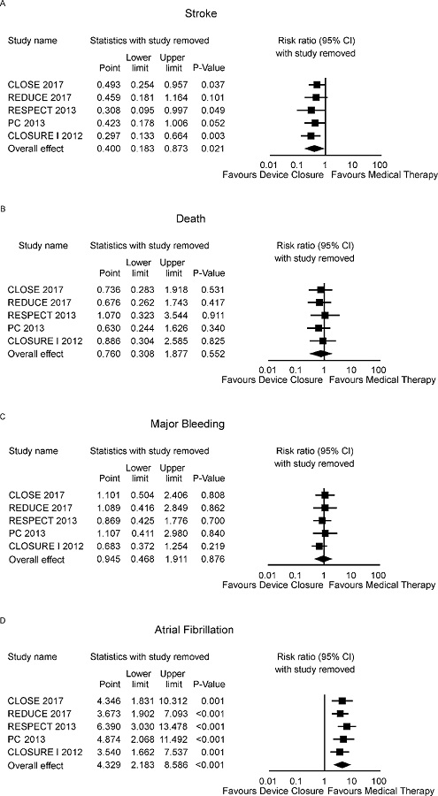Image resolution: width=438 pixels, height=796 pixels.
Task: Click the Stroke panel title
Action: [219, 14]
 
